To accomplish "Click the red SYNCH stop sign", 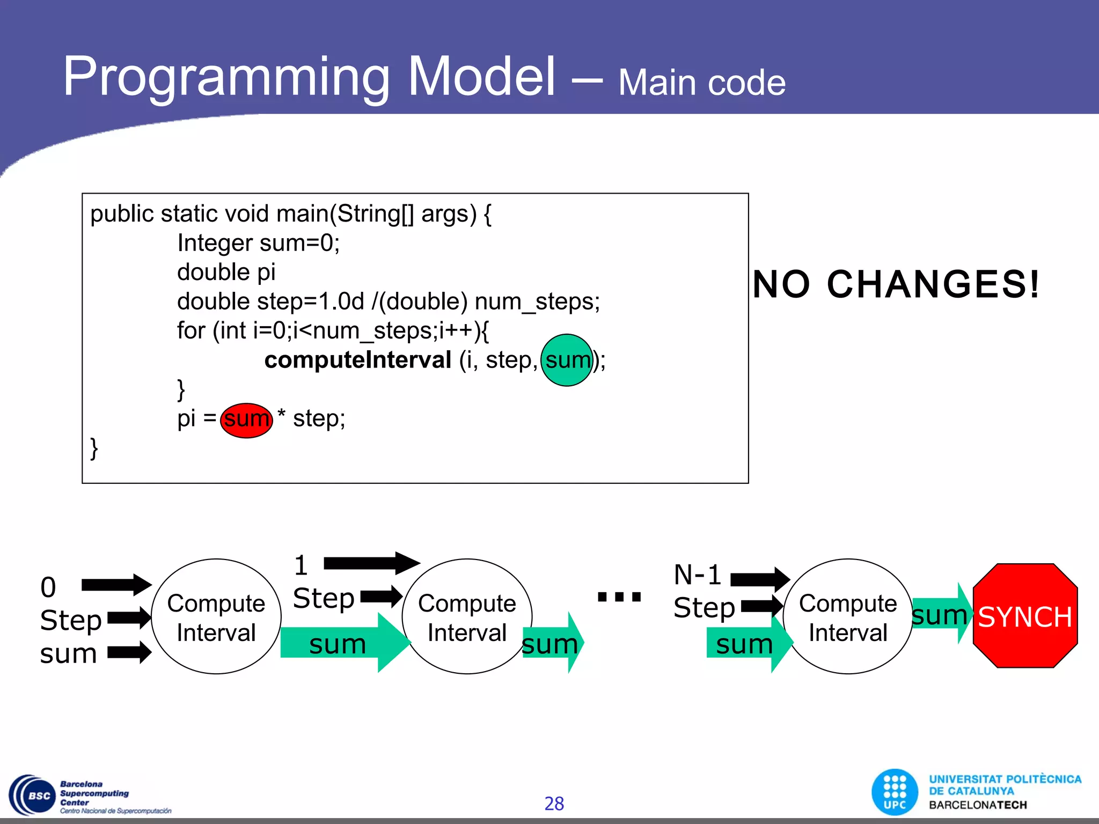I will (x=1025, y=616).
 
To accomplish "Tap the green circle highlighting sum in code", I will (x=567, y=360).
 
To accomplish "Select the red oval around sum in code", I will (x=246, y=420).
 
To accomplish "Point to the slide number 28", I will (x=554, y=804).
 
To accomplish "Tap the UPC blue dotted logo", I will (x=895, y=792).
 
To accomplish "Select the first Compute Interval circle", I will (x=216, y=617).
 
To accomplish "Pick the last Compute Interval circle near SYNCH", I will (x=848, y=617).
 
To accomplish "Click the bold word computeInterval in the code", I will (x=357, y=360).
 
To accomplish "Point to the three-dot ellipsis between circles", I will (x=619, y=597).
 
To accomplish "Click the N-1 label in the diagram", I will (x=697, y=575).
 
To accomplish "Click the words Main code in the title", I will (x=701, y=83).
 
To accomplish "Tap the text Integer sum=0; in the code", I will (x=258, y=243).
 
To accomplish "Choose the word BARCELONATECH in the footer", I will (x=978, y=805).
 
